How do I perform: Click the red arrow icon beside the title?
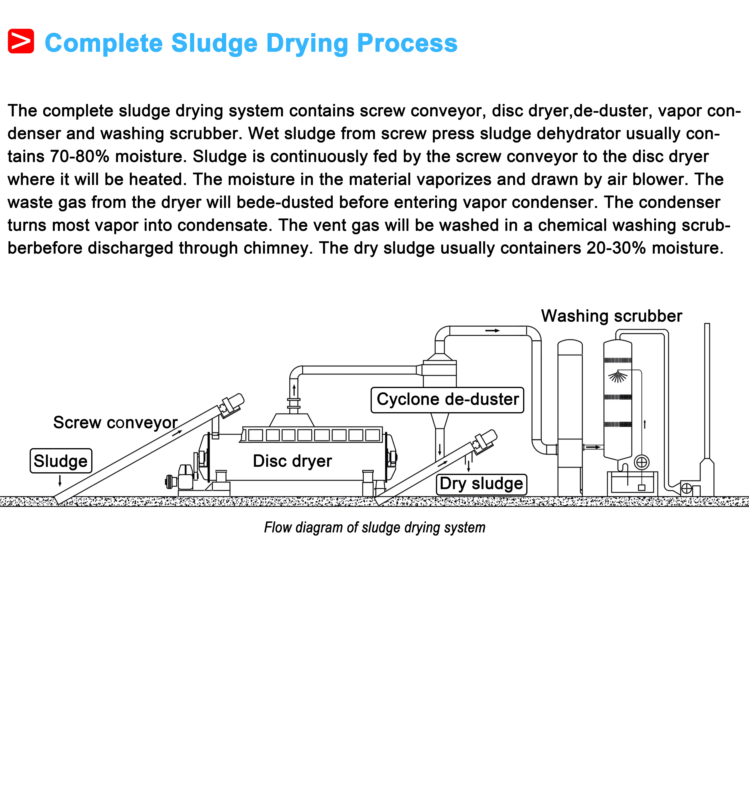(21, 41)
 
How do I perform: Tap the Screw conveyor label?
(115, 422)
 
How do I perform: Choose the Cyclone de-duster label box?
(447, 400)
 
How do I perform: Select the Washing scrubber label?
(611, 316)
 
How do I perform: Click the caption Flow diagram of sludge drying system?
(374, 527)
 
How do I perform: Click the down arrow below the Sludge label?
(60, 480)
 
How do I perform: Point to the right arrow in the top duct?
(492, 330)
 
